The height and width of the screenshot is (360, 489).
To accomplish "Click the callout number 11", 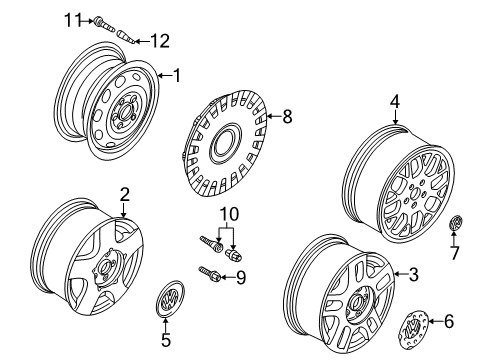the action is [73, 21].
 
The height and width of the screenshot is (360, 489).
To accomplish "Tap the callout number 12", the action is [160, 41].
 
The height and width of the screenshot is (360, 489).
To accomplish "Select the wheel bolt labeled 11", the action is [104, 23].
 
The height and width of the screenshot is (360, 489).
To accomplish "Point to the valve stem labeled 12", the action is [126, 37].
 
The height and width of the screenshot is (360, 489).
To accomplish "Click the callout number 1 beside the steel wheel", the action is [176, 75].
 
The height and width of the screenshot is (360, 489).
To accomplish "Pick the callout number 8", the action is [287, 116].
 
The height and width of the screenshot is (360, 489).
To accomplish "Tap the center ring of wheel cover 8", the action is [226, 143].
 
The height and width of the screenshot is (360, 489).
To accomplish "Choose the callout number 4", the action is [395, 101].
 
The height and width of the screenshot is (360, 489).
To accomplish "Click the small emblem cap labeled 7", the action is [456, 223].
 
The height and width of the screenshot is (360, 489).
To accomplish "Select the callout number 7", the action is [455, 253].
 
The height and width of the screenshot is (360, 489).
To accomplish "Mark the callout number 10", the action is [229, 214].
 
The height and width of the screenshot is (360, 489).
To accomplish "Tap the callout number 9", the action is [241, 277].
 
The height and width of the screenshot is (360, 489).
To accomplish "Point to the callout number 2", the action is [124, 194].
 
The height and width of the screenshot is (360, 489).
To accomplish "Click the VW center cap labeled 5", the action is [170, 297].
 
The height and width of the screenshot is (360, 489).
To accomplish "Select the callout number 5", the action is [166, 340].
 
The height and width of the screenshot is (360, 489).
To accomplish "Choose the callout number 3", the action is [413, 274].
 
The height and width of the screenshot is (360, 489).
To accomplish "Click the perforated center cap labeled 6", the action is [413, 330].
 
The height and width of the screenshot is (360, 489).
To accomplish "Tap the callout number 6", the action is [449, 321].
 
